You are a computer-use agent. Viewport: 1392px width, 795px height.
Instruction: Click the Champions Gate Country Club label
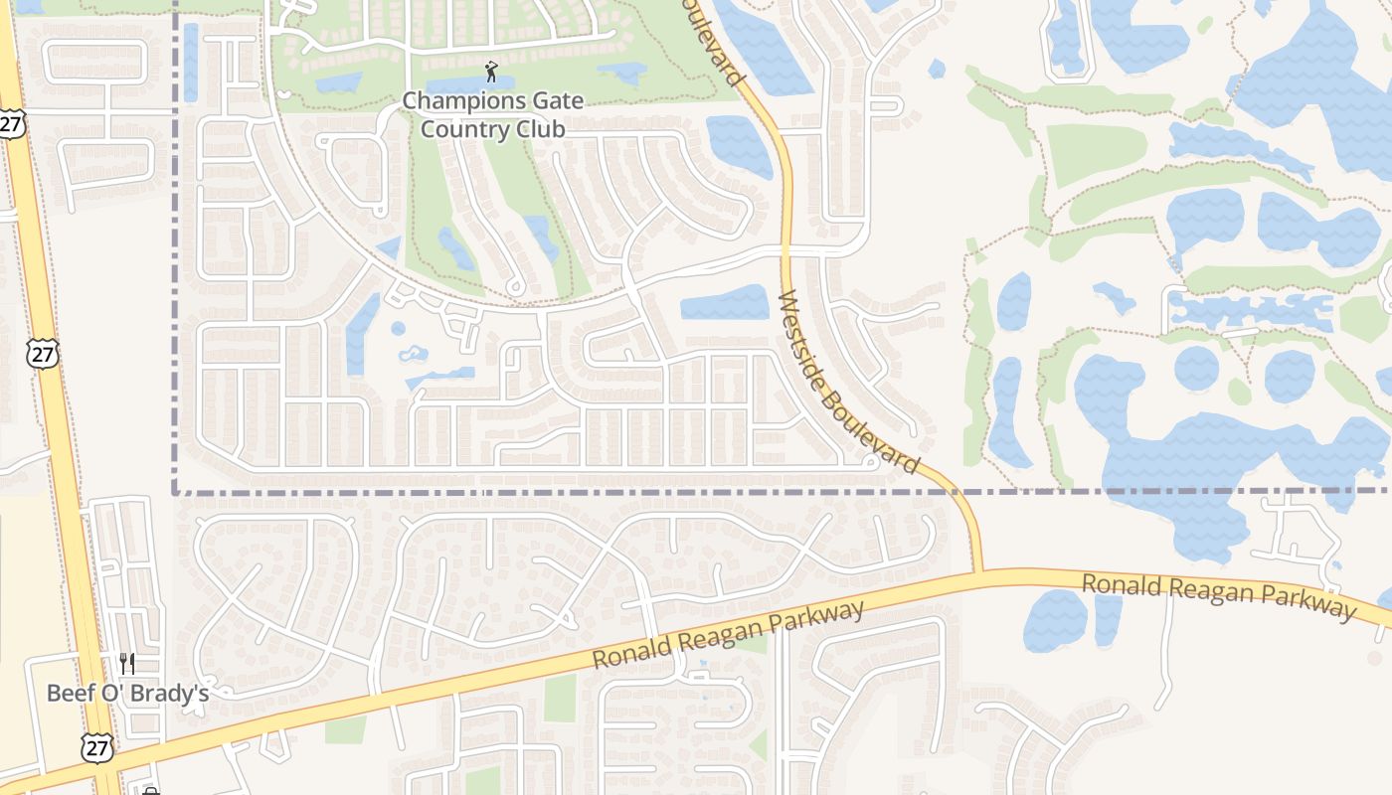[x=492, y=115]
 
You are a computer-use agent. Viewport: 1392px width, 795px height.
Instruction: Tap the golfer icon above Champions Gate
[x=490, y=72]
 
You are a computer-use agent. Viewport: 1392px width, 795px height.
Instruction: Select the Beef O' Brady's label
[x=127, y=693]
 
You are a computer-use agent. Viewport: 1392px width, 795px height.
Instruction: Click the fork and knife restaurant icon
[x=127, y=664]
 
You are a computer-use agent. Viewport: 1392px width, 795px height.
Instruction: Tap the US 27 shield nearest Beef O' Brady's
[x=96, y=747]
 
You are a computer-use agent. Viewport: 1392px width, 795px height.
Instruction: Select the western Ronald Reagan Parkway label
[x=728, y=635]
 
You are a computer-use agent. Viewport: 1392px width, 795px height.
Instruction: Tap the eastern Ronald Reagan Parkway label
[x=1218, y=595]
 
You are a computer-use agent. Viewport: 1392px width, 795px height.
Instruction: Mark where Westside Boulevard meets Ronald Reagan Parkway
[x=978, y=572]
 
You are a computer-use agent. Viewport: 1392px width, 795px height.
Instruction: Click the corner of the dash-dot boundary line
[x=176, y=491]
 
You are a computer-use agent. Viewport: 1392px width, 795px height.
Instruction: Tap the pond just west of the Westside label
[x=725, y=303]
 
